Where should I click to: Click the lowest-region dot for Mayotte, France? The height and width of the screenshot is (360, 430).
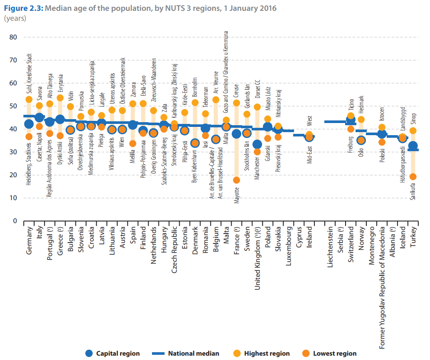click(x=236, y=180)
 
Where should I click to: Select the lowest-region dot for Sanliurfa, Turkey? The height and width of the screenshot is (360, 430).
click(x=413, y=177)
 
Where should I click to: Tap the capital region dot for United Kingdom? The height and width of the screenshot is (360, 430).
click(x=257, y=144)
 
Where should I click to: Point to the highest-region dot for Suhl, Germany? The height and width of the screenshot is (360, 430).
click(x=29, y=100)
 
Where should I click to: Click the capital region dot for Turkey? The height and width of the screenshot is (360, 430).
click(x=413, y=146)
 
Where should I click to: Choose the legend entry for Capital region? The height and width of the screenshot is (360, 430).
click(x=113, y=354)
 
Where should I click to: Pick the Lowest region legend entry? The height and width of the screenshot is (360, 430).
click(x=329, y=354)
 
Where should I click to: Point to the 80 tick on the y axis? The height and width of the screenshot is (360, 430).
click(x=13, y=37)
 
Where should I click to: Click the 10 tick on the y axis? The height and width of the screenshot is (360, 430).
click(x=13, y=198)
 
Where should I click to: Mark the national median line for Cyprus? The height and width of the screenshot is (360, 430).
click(x=299, y=135)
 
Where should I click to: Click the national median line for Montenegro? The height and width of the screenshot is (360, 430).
click(x=372, y=134)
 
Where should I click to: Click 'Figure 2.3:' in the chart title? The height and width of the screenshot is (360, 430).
click(x=23, y=8)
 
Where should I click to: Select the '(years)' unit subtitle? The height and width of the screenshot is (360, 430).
click(x=15, y=18)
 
